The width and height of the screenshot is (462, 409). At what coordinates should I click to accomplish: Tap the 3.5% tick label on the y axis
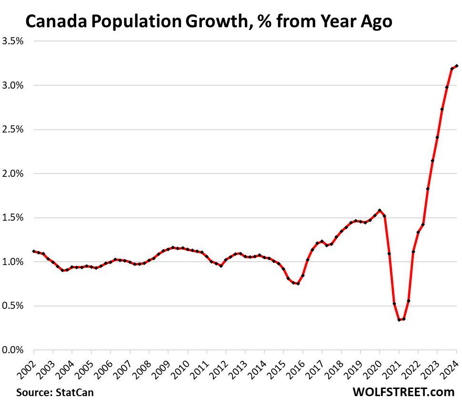coord(13,41)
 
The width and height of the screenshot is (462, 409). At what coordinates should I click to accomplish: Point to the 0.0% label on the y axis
coord(13,350)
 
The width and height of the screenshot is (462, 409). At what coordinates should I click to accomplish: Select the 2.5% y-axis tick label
coord(13,130)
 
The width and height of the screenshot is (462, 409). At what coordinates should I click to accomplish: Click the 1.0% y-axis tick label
coord(13,262)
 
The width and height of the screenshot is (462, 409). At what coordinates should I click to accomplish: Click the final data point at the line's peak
coord(456,66)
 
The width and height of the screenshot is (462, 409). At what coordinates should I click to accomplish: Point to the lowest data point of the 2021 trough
coord(399,320)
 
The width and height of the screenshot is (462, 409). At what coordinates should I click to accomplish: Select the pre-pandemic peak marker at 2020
coord(380,210)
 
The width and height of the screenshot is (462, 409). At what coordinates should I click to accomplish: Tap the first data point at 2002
coord(33,251)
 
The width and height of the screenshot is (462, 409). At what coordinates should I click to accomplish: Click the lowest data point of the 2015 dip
coord(298,284)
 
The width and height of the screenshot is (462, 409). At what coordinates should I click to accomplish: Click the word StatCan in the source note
coord(75,393)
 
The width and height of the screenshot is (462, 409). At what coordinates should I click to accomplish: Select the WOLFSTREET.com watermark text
coord(403,392)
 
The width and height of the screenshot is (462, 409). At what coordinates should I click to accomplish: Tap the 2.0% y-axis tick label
coord(13,174)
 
